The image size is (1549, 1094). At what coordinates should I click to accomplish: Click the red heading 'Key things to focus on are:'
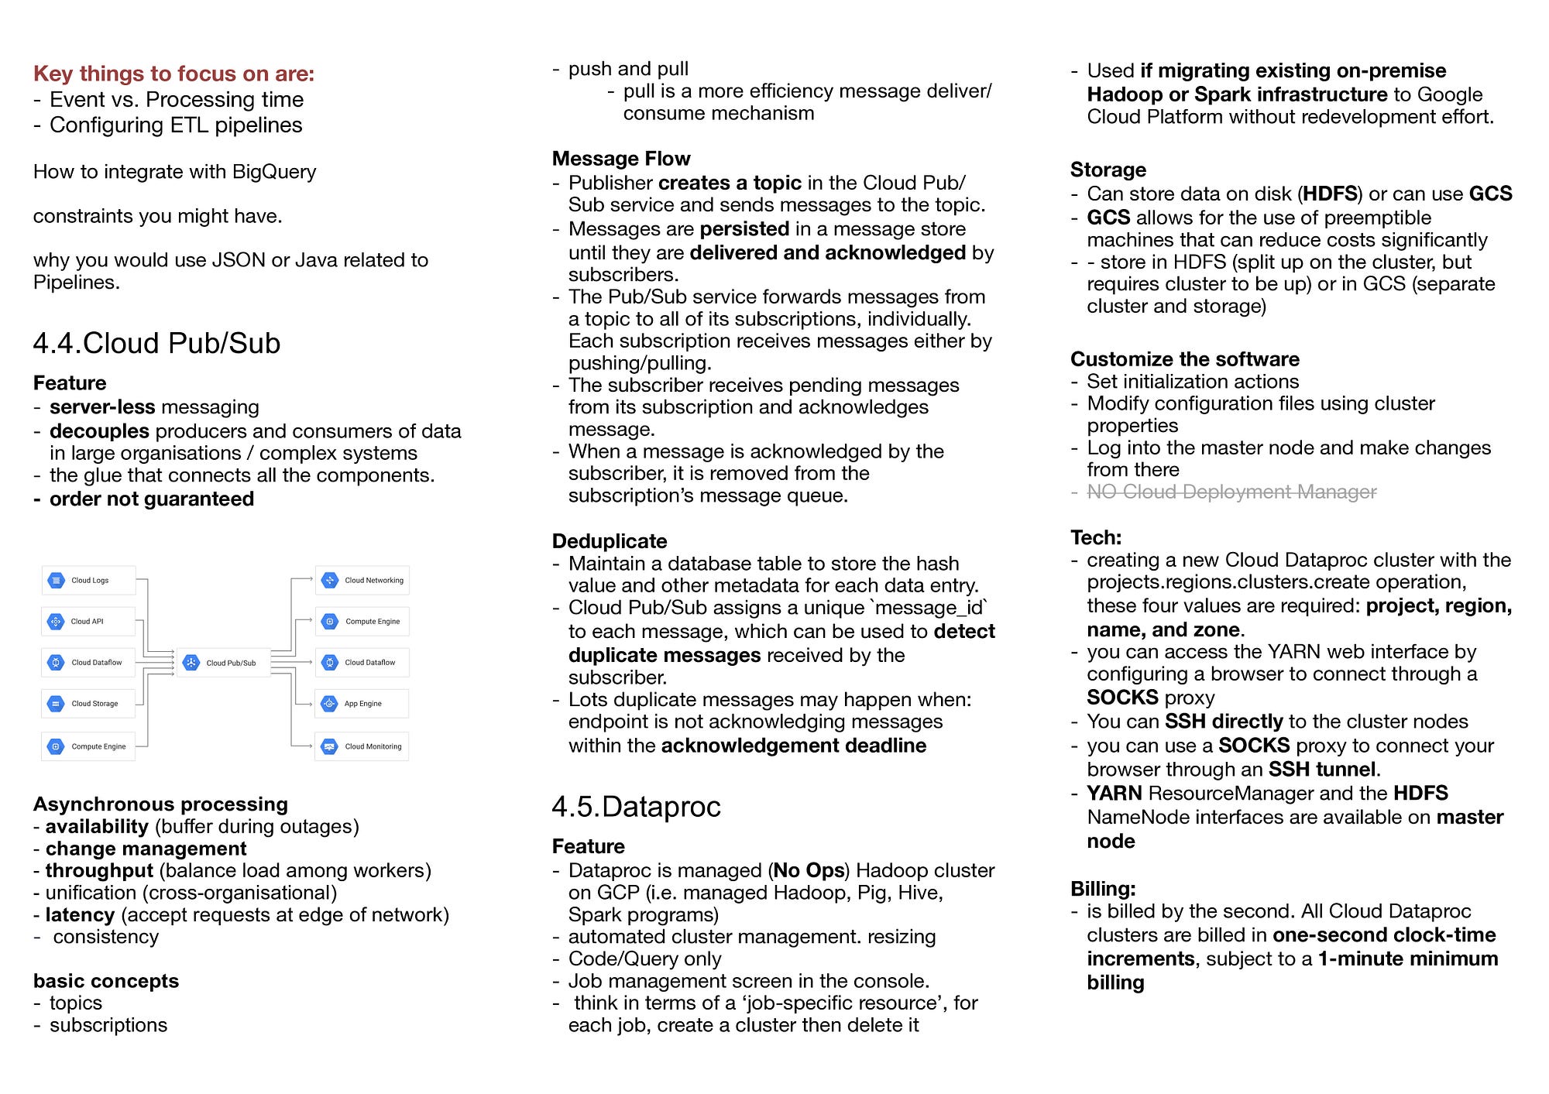pos(173,74)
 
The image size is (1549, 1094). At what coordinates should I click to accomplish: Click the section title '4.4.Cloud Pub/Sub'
pos(156,343)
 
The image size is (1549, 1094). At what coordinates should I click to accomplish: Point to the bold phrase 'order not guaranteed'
pos(151,499)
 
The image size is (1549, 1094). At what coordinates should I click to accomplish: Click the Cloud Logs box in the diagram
pos(88,580)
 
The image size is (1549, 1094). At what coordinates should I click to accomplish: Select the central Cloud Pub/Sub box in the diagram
pos(224,663)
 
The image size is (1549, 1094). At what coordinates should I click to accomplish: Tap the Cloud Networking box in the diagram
pos(362,580)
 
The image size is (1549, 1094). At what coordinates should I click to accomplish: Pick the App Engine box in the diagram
pos(362,704)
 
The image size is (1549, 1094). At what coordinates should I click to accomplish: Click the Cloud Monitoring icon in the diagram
pos(330,746)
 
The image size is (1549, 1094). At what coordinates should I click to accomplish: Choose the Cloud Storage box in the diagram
pos(88,704)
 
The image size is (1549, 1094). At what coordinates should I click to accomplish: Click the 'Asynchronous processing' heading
pos(160,804)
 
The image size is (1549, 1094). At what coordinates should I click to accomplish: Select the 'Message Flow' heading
pos(621,159)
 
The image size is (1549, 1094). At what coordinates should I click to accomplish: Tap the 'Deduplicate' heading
pos(610,541)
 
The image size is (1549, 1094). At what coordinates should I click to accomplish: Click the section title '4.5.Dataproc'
pos(636,807)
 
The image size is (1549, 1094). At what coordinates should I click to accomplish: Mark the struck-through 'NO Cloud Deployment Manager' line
pos(1231,492)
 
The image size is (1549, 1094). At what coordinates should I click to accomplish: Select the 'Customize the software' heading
pos(1185,359)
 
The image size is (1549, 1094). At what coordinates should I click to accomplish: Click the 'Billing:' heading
pos(1103,888)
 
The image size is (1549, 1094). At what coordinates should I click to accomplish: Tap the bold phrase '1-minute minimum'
pos(1408,959)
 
